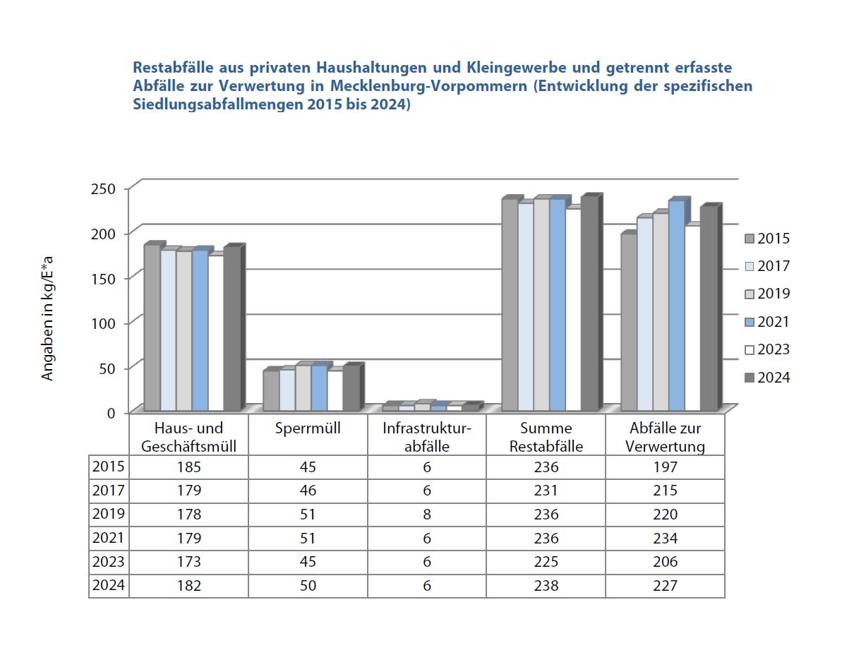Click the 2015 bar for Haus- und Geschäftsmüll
coord(152,328)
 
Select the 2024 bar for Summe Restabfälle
coord(589,304)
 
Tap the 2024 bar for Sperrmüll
coord(351,388)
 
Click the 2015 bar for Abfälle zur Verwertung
coord(629,322)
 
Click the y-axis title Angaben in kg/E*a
coord(48,319)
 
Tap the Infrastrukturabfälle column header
coord(426,437)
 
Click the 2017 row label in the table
coord(109,491)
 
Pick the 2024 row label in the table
coord(109,586)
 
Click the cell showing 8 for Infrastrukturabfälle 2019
coord(427,515)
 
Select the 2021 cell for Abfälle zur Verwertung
coord(665,539)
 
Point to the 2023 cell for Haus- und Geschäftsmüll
coord(189,562)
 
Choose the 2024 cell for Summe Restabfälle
coord(546,586)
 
